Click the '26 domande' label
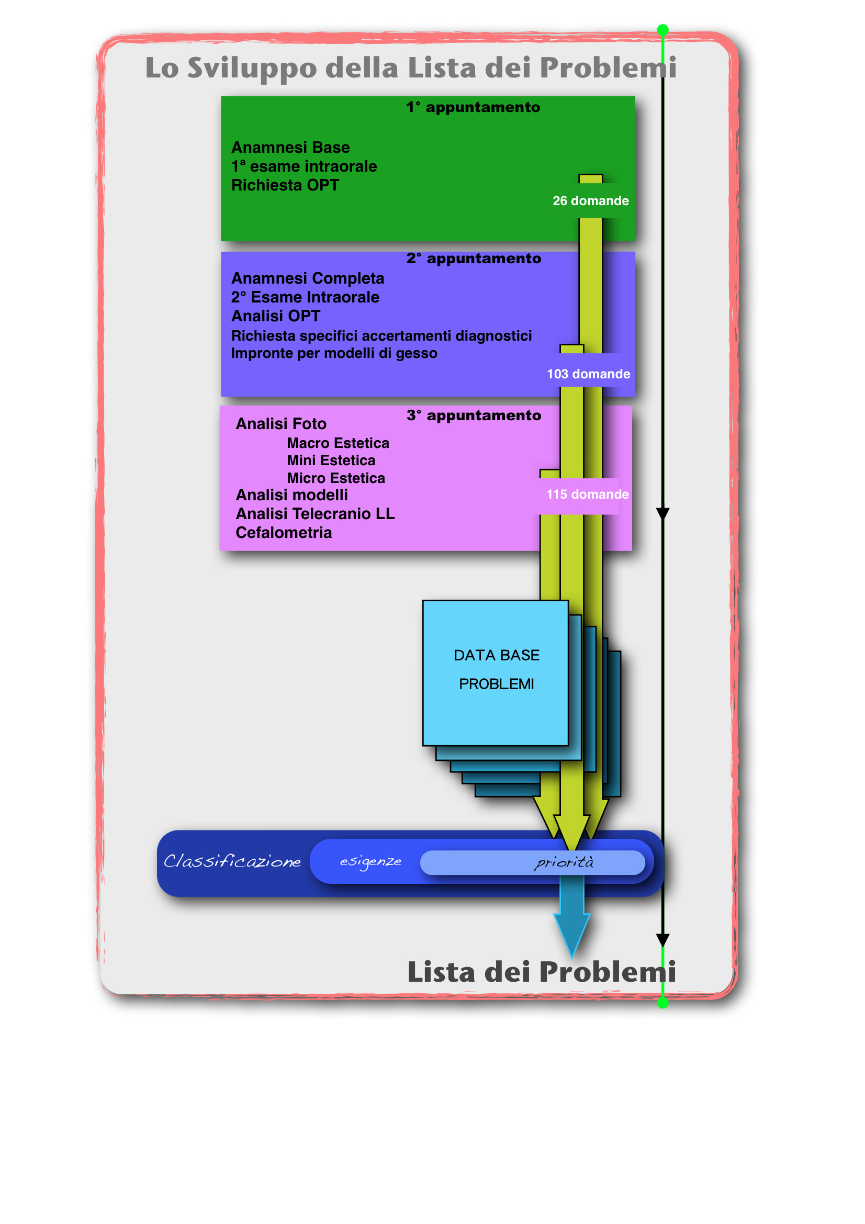coord(590,201)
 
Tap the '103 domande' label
coord(588,374)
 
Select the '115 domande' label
coord(587,495)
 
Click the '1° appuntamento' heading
coord(473,107)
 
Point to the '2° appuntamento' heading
coord(474,259)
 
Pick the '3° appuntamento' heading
coord(474,416)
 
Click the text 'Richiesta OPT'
coord(285,185)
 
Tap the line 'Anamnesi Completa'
coord(308,278)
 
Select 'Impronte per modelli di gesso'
coord(334,353)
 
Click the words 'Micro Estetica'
coord(336,478)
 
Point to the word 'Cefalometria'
coord(284,533)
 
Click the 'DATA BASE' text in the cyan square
coord(497,655)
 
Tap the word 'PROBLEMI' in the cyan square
coord(497,684)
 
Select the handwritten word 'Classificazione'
coord(232,861)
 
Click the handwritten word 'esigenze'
coord(371,862)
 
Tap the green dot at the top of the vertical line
coord(662,30)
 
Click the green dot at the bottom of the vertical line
coord(662,1003)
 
